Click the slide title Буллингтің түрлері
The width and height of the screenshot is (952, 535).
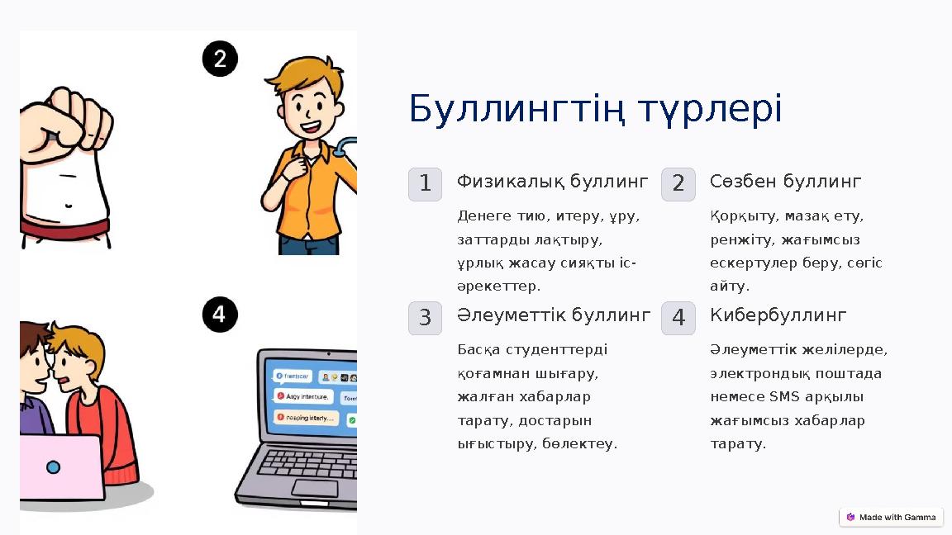595,109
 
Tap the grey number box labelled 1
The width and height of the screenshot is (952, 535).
425,184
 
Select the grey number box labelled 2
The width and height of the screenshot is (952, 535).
678,184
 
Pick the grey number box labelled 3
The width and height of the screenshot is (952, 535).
425,318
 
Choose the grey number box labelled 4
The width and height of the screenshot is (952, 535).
678,318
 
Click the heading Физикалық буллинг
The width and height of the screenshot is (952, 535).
552,181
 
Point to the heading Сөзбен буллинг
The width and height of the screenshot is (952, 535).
785,181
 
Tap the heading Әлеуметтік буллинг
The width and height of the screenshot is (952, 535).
554,315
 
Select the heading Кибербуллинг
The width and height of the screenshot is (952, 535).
778,315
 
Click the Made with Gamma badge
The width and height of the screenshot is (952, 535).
891,518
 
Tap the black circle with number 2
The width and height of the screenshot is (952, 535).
220,59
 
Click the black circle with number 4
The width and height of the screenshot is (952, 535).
220,315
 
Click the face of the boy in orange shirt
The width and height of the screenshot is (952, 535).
310,111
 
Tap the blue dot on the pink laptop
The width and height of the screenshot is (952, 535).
53,467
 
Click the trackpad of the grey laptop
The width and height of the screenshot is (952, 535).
314,488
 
